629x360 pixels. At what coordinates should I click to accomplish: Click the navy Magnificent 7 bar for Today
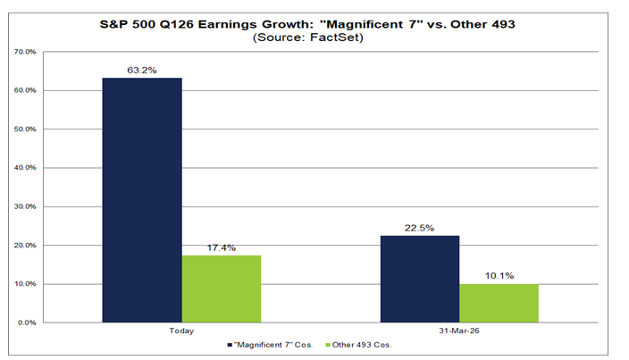pyautogui.click(x=142, y=200)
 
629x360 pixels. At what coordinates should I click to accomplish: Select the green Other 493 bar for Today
pyautogui.click(x=222, y=289)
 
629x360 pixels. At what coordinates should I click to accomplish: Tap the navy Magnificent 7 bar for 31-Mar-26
pyautogui.click(x=420, y=279)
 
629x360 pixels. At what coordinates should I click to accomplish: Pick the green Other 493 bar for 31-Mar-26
pyautogui.click(x=499, y=303)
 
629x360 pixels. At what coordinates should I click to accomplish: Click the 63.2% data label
pyautogui.click(x=142, y=71)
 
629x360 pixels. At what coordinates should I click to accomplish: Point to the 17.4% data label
pyautogui.click(x=222, y=247)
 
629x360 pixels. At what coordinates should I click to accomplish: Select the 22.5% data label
pyautogui.click(x=420, y=228)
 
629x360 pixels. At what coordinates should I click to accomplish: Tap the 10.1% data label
pyautogui.click(x=499, y=276)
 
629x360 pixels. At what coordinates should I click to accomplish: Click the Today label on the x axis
pyautogui.click(x=181, y=331)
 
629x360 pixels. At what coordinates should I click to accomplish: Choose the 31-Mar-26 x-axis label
pyautogui.click(x=459, y=331)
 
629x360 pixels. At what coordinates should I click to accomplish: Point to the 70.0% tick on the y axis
pyautogui.click(x=25, y=52)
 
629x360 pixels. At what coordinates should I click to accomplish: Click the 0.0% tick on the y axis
pyautogui.click(x=27, y=322)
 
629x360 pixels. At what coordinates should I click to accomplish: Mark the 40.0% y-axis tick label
pyautogui.click(x=25, y=168)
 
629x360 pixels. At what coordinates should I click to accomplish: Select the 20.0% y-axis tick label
pyautogui.click(x=25, y=246)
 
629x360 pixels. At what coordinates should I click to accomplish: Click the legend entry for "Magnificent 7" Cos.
pyautogui.click(x=270, y=345)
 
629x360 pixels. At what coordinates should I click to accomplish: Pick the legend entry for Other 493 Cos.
pyautogui.click(x=358, y=345)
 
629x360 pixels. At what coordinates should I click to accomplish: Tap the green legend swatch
pyautogui.click(x=328, y=345)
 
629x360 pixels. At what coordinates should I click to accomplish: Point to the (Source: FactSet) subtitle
pyautogui.click(x=308, y=38)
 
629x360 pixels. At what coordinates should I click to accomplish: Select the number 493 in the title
pyautogui.click(x=503, y=24)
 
